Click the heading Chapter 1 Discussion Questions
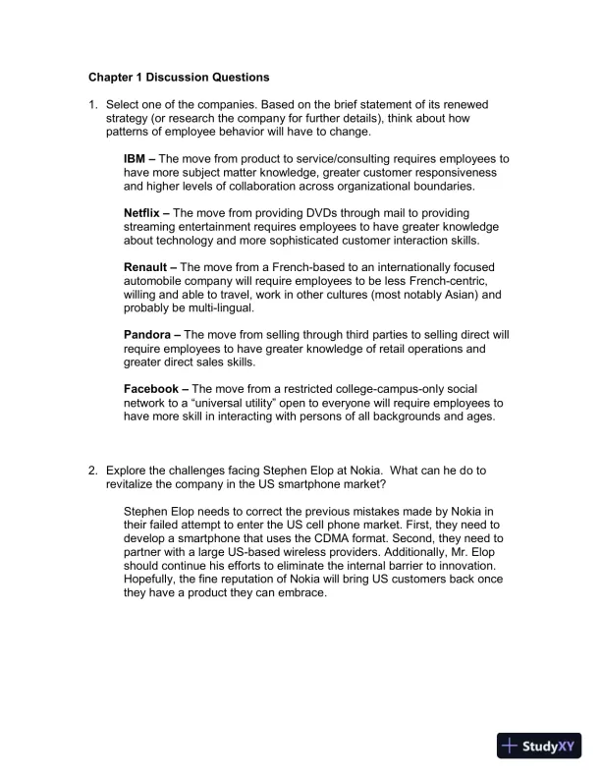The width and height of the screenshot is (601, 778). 179,77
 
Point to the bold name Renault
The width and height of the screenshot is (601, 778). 148,267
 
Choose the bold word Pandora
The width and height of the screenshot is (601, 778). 150,335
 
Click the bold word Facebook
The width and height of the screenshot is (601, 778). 154,389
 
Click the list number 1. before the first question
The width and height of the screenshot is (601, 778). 94,104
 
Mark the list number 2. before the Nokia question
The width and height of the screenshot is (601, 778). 94,471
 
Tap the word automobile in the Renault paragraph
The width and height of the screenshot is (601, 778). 156,281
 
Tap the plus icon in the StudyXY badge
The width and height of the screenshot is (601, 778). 511,746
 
